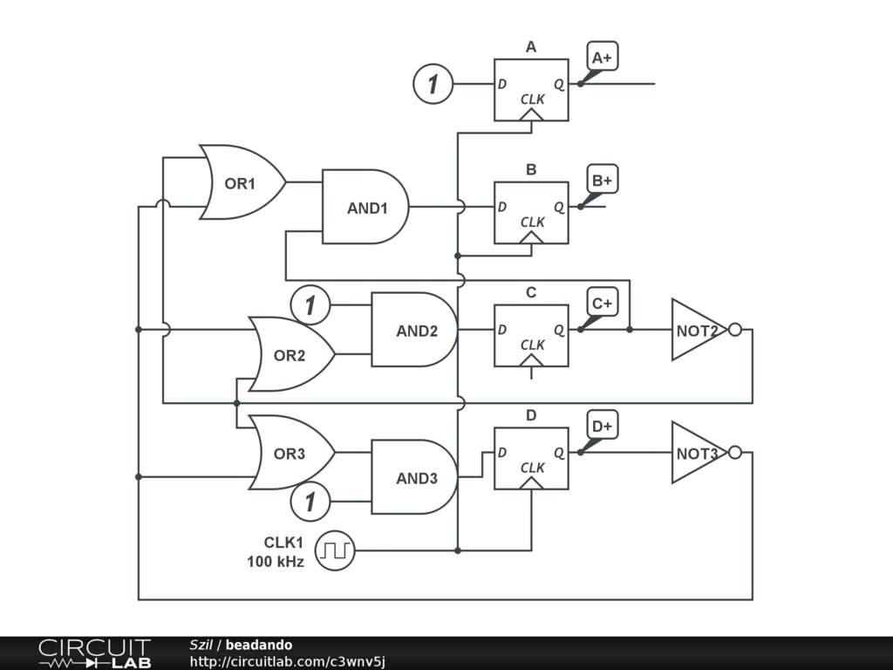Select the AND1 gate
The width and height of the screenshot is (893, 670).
pyautogui.click(x=366, y=208)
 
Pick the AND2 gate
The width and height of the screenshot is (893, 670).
pyautogui.click(x=415, y=331)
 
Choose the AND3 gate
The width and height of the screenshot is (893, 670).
pyautogui.click(x=415, y=478)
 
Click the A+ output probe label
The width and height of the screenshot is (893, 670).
pyautogui.click(x=602, y=58)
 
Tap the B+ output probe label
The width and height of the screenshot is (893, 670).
pyautogui.click(x=602, y=181)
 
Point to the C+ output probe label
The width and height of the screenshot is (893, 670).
pyautogui.click(x=602, y=304)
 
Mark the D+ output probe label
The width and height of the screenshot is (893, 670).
pyautogui.click(x=602, y=427)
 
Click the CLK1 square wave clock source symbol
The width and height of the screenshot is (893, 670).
pyautogui.click(x=335, y=550)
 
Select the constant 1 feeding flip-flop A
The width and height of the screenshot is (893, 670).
pyautogui.click(x=433, y=85)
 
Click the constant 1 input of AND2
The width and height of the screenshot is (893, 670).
pyautogui.click(x=310, y=305)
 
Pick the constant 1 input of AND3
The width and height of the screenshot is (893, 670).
pyautogui.click(x=310, y=502)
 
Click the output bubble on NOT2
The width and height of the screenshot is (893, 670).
pyautogui.click(x=735, y=330)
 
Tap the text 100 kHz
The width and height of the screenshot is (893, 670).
pyautogui.click(x=276, y=562)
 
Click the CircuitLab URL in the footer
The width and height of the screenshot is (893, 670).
pyautogui.click(x=287, y=661)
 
